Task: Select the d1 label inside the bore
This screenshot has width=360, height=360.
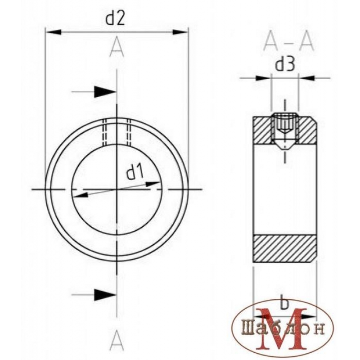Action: pyautogui.click(x=135, y=172)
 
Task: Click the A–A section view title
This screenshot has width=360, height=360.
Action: pyautogui.click(x=288, y=43)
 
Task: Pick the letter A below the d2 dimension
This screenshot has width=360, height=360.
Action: pyautogui.click(x=117, y=49)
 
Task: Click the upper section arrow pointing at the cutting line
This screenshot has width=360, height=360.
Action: pyautogui.click(x=105, y=92)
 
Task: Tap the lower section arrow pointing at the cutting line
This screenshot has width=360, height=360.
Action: pyautogui.click(x=105, y=295)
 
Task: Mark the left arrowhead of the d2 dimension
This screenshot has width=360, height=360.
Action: pyautogui.click(x=54, y=32)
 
